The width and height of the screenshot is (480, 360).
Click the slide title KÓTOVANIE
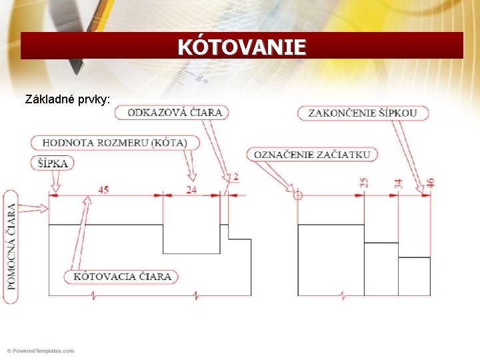point(241,47)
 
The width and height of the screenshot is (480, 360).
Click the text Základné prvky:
point(68,100)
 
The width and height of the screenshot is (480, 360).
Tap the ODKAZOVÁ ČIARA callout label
point(175,112)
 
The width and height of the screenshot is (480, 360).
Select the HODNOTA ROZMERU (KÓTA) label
point(115,143)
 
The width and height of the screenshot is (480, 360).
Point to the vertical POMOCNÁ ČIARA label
point(11,246)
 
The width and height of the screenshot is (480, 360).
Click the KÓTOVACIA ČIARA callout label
point(122,276)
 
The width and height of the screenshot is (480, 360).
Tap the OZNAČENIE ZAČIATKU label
point(313,155)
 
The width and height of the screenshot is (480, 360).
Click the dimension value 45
point(103,189)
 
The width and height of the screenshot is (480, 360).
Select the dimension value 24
point(191,189)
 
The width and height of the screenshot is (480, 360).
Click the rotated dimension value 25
point(364,183)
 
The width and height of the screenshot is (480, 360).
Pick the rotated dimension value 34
point(398,183)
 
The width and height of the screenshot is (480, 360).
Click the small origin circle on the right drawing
point(298,195)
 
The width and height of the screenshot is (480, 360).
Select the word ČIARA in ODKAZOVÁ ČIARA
point(206,112)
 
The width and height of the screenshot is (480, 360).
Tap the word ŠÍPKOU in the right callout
point(399,112)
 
